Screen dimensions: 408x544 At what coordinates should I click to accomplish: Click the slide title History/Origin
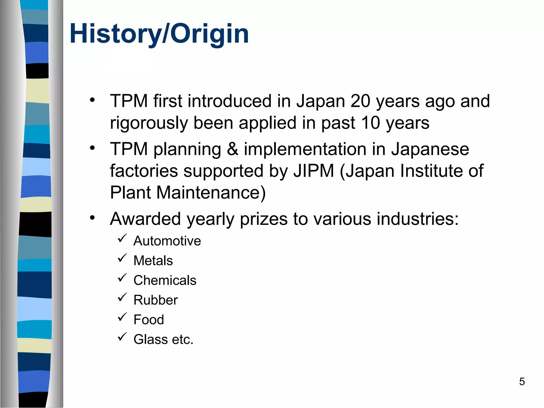[x=159, y=34]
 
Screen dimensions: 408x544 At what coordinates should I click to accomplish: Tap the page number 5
[x=522, y=382]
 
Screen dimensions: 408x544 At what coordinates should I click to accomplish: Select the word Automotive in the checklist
[x=167, y=241]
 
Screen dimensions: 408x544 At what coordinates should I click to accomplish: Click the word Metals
[x=153, y=261]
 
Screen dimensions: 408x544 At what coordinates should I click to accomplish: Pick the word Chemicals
[x=165, y=280]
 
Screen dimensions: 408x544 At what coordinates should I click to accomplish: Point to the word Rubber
[x=155, y=300]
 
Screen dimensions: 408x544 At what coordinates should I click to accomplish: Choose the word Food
[x=148, y=320]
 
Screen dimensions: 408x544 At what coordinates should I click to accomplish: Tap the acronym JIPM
[x=314, y=171]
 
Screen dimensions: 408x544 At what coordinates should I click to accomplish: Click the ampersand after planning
[x=232, y=149]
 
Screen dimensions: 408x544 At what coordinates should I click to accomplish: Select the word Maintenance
[x=210, y=193]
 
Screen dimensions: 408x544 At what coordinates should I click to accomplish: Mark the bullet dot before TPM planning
[x=92, y=148]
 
